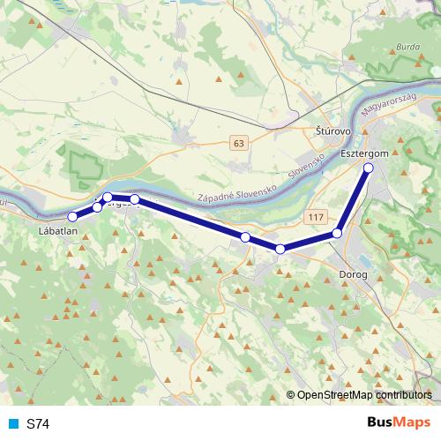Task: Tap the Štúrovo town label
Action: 333,131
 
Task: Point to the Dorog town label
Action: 354,275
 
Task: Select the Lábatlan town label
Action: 59,231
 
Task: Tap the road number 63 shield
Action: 239,142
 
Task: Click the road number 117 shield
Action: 318,215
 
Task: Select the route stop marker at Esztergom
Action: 369,168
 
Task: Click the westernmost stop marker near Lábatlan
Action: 72,216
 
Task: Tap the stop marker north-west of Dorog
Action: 337,233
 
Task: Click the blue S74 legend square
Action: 12,424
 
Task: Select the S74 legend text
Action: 38,424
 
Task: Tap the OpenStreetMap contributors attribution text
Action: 364,396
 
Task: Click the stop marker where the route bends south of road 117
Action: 280,249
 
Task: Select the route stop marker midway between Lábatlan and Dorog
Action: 245,236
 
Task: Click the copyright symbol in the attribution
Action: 290,396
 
